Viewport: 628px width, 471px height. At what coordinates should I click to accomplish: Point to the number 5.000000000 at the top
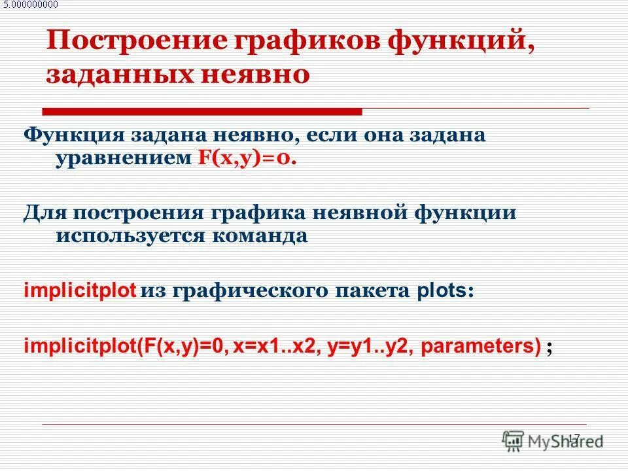click(30, 5)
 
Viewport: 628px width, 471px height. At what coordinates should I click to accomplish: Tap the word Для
click(45, 212)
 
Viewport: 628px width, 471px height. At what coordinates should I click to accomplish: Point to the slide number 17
click(574, 438)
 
